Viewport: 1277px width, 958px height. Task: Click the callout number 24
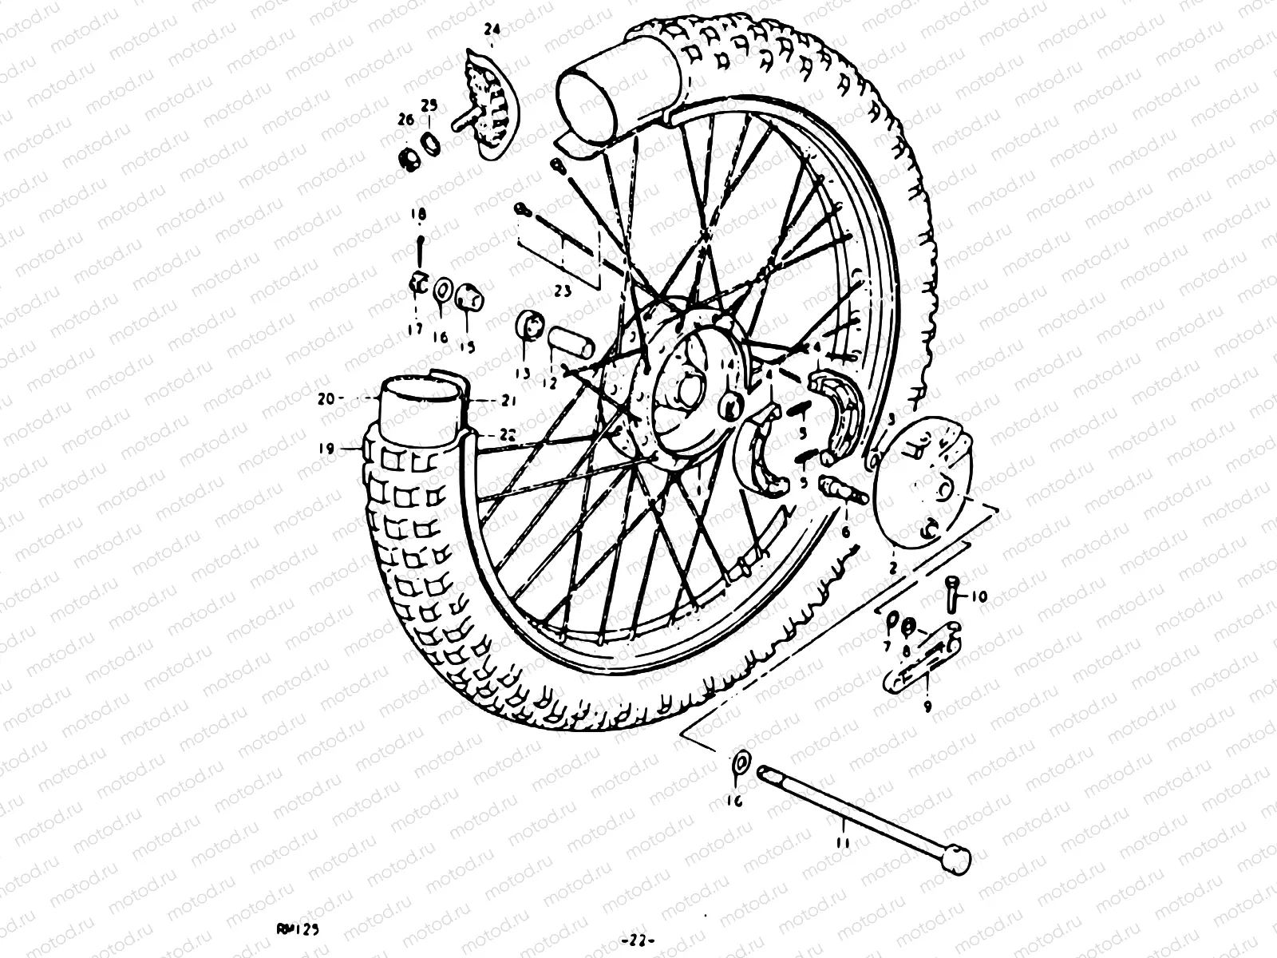492,30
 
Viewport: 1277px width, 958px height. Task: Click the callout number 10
979,596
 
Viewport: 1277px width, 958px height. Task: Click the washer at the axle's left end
740,763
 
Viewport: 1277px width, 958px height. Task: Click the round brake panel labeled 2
926,485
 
